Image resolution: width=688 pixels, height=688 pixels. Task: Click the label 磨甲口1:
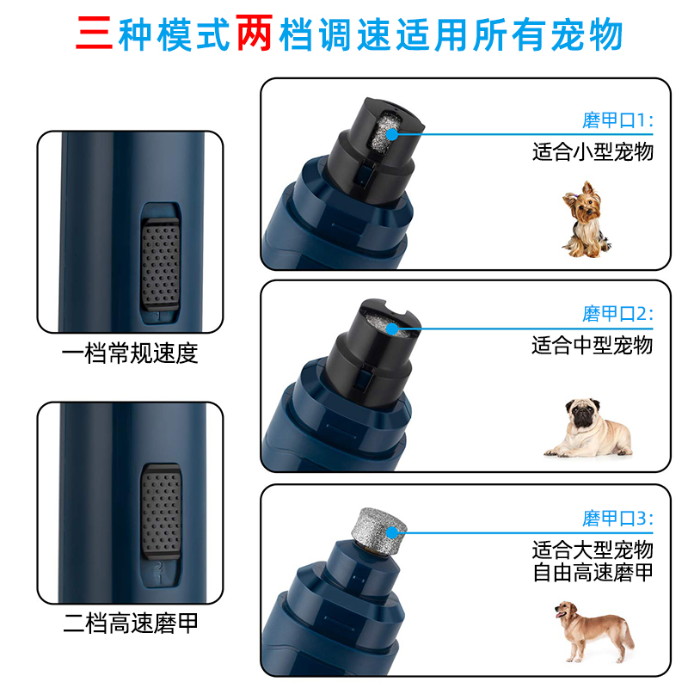point(617,120)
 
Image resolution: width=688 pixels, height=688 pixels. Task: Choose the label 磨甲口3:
point(617,519)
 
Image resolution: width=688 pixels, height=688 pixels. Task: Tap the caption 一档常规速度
point(130,353)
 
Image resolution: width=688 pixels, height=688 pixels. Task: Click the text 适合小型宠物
point(593,152)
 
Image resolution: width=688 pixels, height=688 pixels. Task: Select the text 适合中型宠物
point(593,345)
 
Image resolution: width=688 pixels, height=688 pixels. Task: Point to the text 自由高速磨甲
point(593,573)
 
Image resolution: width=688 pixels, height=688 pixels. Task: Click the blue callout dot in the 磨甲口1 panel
point(394,133)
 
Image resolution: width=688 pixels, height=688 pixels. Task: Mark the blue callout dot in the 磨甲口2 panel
point(394,327)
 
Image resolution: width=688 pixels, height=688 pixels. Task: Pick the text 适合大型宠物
point(593,550)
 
